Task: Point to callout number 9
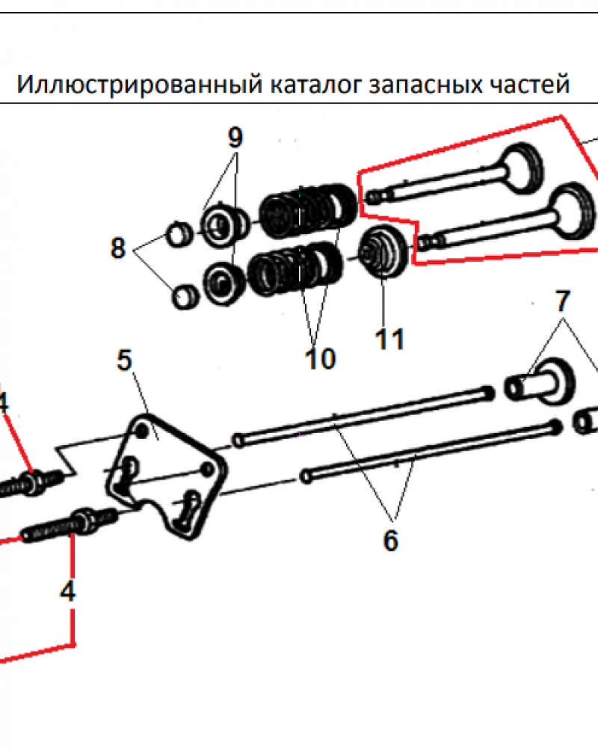(235, 138)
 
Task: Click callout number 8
(118, 248)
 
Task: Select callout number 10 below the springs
(320, 359)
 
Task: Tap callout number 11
(389, 339)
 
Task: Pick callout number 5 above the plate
(124, 361)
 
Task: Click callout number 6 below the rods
(390, 540)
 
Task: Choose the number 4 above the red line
(68, 592)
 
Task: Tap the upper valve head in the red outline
(522, 167)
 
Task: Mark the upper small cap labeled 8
(179, 233)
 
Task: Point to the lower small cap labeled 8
(183, 296)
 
